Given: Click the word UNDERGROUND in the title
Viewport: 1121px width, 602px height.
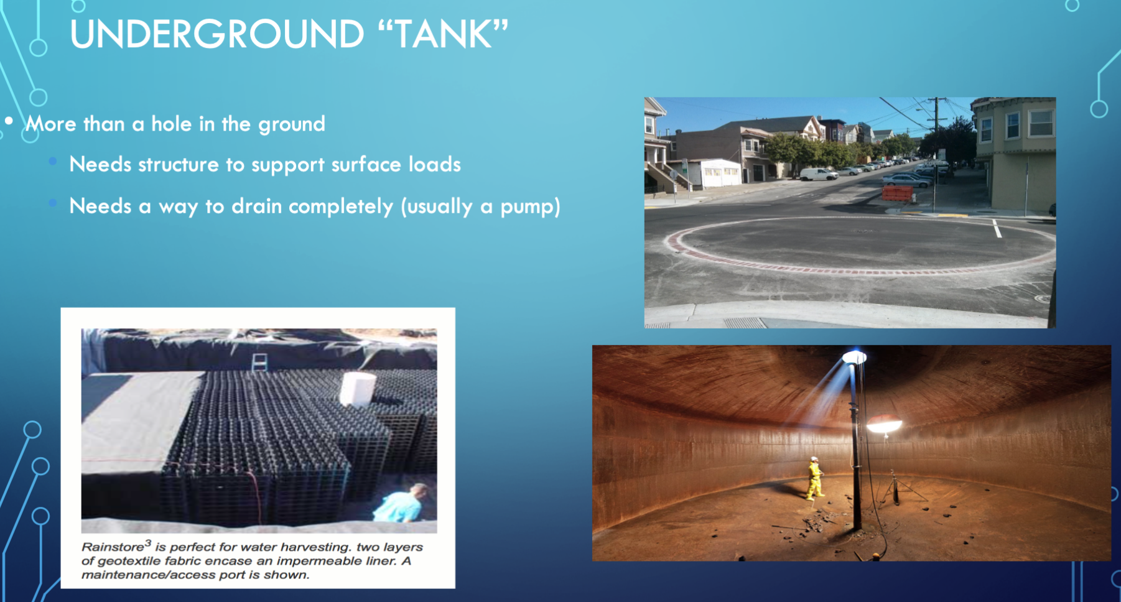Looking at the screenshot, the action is (216, 34).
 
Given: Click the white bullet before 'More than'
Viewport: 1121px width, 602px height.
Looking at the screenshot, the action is (9, 121).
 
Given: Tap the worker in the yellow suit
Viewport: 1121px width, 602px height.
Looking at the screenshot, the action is (814, 478).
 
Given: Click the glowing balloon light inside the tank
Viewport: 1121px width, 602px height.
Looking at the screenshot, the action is (885, 425).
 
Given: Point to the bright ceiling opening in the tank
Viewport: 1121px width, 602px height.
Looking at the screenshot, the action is (854, 357).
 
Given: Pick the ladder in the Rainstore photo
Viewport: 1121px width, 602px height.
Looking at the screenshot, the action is (259, 363).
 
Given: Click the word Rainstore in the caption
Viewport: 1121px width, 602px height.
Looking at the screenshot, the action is (113, 547).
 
